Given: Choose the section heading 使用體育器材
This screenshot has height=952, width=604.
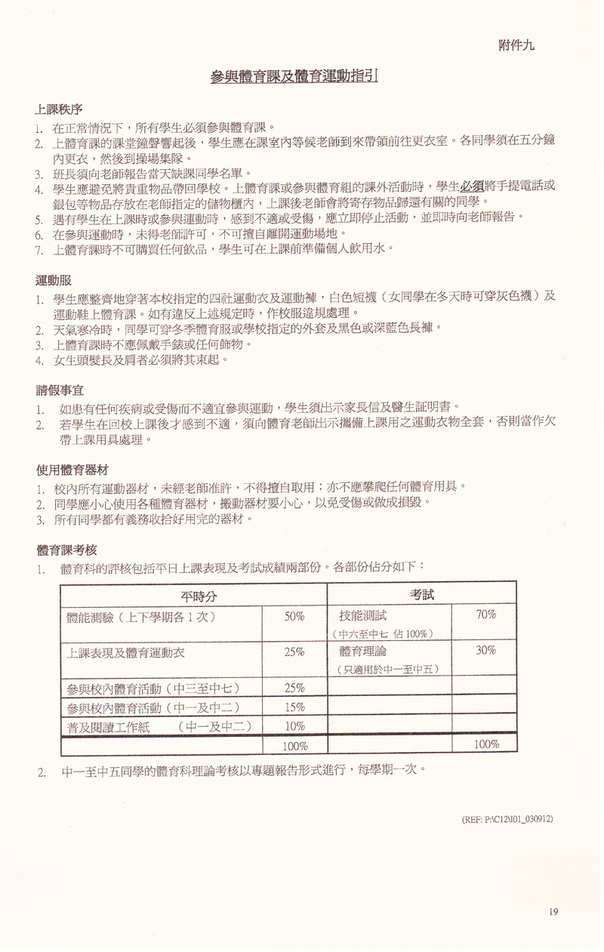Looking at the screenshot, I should tap(71, 469).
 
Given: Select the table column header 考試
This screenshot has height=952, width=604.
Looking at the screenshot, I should tap(422, 594).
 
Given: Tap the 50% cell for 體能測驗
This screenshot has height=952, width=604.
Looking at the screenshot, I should tap(294, 617).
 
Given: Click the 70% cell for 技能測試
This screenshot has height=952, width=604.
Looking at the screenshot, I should tap(485, 615).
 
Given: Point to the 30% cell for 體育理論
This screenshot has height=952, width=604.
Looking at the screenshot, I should tap(485, 650).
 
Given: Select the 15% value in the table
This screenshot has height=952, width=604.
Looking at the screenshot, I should tap(294, 707).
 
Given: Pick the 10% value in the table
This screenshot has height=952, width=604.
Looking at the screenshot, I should tap(294, 726).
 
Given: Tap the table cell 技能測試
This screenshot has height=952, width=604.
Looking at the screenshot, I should tap(363, 616).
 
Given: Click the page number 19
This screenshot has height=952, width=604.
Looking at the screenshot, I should tap(553, 912).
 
